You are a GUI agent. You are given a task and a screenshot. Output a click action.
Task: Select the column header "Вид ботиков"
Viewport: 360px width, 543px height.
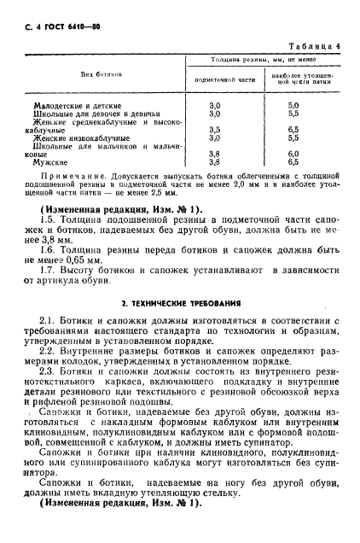[83, 74]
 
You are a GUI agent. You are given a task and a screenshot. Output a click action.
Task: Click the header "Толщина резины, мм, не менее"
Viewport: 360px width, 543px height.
[257, 61]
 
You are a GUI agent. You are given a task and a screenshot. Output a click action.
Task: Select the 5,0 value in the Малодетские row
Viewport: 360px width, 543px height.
[293, 106]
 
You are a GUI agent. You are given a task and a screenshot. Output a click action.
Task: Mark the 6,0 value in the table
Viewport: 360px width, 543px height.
[293, 153]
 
